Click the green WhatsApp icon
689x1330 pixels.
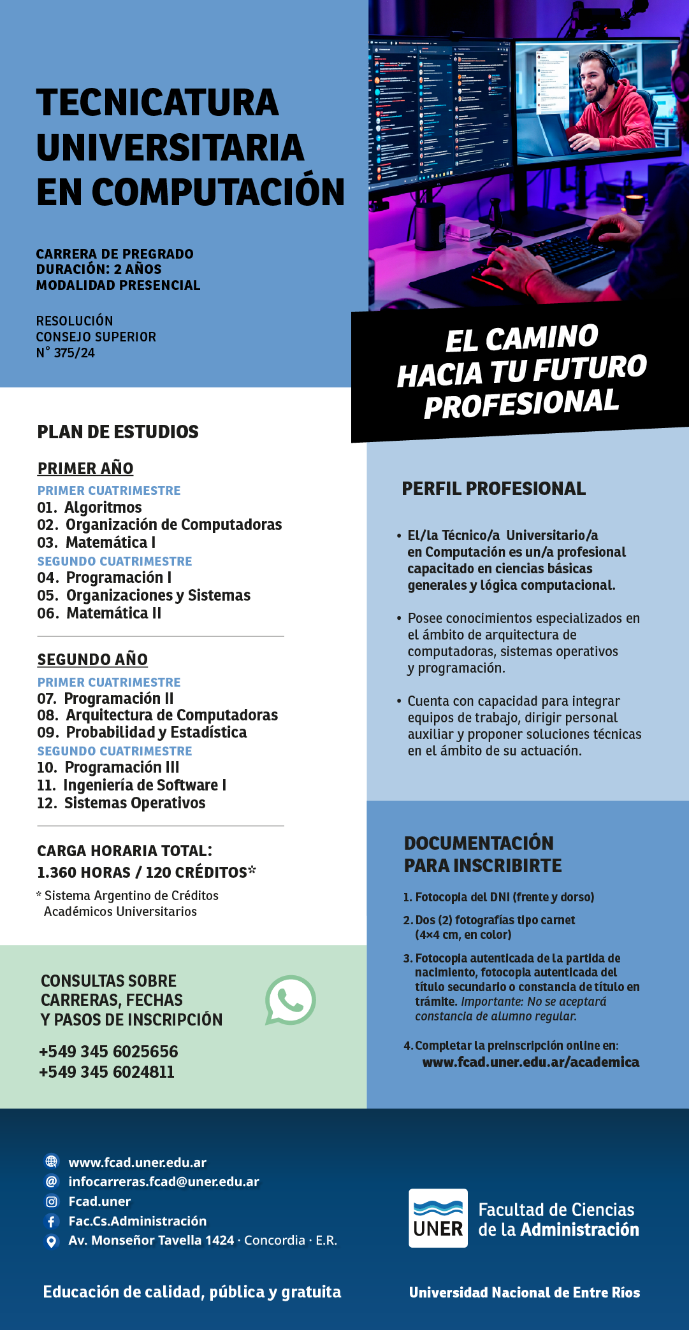(291, 1000)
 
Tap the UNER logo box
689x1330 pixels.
(438, 1218)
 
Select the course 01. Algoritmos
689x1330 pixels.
(90, 508)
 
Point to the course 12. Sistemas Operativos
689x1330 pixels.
(121, 803)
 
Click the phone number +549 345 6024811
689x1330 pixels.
(106, 1072)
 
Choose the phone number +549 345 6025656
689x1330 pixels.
(108, 1052)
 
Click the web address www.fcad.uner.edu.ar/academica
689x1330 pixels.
(530, 1062)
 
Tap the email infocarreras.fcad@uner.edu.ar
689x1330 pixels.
(164, 1182)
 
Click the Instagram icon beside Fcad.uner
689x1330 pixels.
(52, 1201)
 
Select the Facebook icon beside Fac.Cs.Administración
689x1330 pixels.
(52, 1221)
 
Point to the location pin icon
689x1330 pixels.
(52, 1241)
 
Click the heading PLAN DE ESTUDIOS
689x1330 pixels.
(118, 432)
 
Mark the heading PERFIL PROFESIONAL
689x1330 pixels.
(493, 489)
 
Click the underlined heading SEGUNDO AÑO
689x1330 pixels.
(92, 659)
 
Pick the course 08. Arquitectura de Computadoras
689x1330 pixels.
(157, 715)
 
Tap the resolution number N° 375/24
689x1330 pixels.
(66, 353)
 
